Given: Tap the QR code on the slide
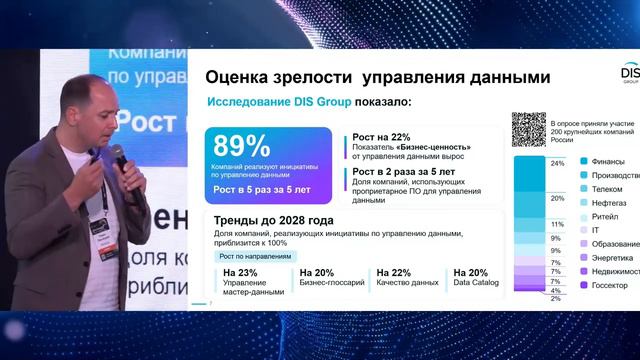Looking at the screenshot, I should [530, 129].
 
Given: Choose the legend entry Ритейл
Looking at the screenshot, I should [603, 215].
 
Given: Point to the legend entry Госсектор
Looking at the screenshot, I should [609, 285].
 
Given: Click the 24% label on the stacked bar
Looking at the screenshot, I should [558, 162].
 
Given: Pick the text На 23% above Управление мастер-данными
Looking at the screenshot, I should [242, 272].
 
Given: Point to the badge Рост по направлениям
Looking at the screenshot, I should [255, 255].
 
